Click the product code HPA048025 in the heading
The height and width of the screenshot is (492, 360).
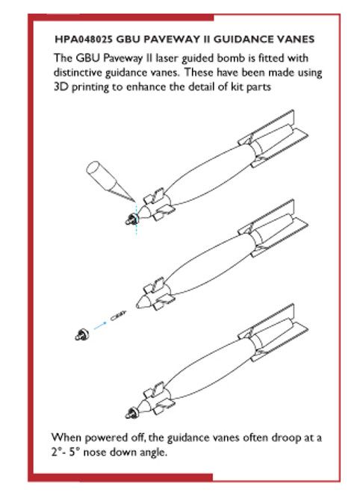point(84,40)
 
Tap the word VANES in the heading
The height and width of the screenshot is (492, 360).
point(296,40)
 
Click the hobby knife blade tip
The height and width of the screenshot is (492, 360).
point(135,202)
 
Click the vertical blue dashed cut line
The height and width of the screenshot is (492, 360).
point(137,219)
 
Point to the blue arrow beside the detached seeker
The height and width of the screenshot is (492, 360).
point(100,326)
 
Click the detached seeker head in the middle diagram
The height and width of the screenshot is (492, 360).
point(82,334)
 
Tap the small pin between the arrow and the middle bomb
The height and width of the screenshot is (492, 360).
point(118,316)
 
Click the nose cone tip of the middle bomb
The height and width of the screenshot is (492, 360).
point(137,305)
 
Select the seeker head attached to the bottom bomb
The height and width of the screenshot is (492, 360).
point(132,413)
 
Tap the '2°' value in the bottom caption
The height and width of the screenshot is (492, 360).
point(55,452)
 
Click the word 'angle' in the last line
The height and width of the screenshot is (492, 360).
point(154,452)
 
